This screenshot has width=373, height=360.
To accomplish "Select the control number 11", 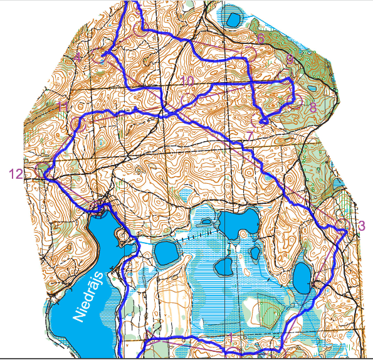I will (63, 106).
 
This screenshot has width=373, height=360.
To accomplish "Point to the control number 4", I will (78, 57).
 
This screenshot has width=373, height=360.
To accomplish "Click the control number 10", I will (187, 81).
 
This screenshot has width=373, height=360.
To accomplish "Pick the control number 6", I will (261, 39).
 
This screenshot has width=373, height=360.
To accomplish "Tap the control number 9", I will (290, 60).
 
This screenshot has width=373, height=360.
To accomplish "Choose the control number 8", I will (313, 106).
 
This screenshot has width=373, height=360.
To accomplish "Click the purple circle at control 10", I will (187, 98).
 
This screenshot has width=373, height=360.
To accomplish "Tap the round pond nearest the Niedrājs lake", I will (167, 252).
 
